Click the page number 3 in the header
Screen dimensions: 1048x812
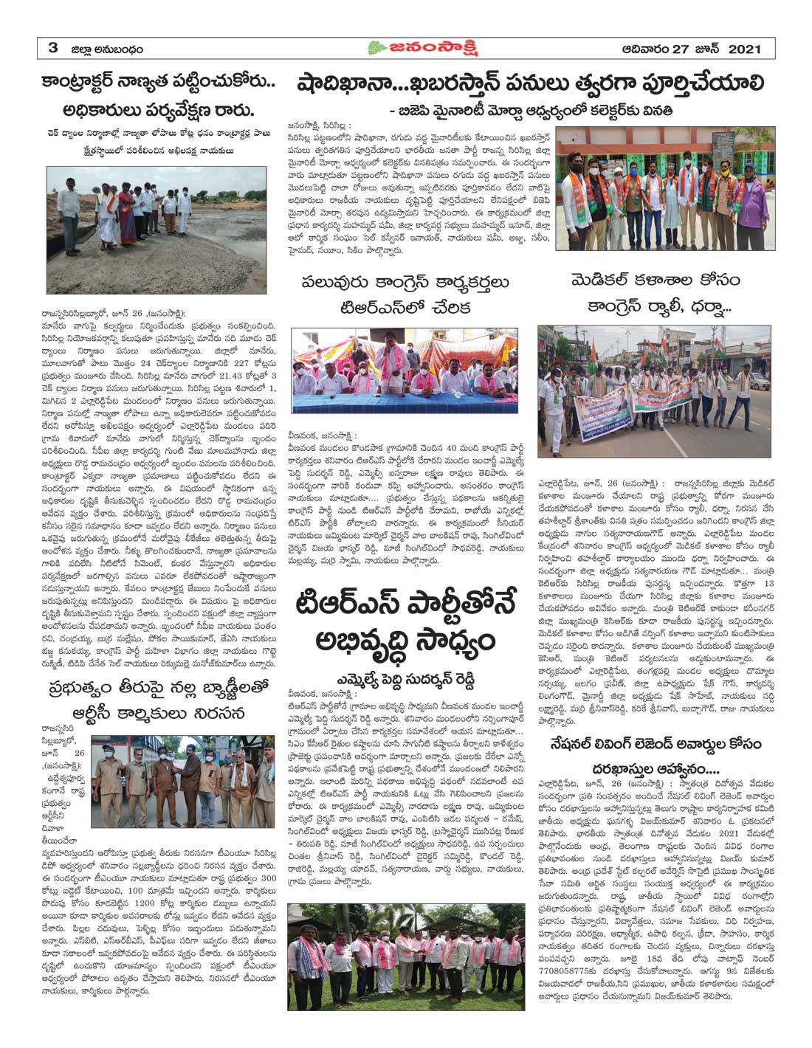[52, 49]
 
